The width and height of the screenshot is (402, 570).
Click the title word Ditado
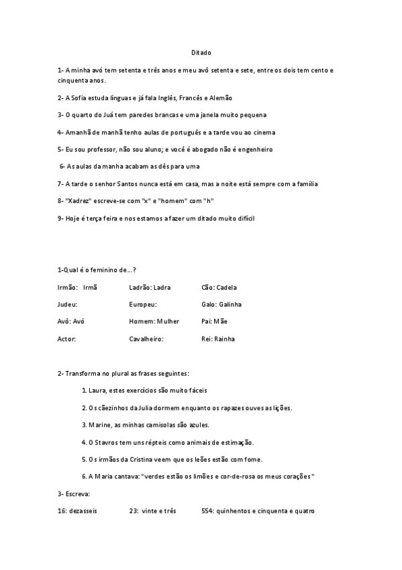(201, 52)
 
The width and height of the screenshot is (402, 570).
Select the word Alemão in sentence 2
(221, 98)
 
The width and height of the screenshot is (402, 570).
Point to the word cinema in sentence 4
(262, 132)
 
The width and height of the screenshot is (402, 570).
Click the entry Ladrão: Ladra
(150, 288)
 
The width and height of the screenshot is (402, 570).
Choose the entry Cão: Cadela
(219, 288)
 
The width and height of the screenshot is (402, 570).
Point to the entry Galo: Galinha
(221, 304)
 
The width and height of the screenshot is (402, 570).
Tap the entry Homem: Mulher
(154, 322)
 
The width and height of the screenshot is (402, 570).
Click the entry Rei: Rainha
(218, 339)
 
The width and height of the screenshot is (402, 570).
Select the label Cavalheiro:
(146, 339)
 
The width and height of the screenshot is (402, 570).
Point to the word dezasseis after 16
(83, 511)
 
